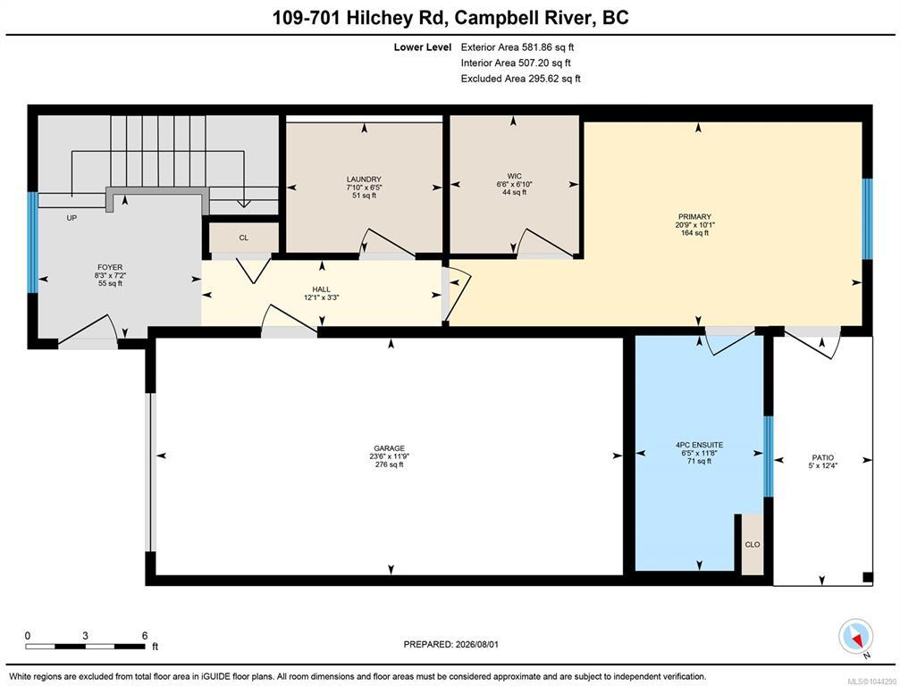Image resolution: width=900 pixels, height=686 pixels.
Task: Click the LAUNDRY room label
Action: [x=364, y=179]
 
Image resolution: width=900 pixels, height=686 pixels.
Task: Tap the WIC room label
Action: [x=514, y=176]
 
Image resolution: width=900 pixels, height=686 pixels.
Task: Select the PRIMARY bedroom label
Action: [x=694, y=217]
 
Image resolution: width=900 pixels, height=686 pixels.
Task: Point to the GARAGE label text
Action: [x=389, y=448]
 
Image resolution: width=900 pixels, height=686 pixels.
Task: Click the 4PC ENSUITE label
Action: [x=699, y=445]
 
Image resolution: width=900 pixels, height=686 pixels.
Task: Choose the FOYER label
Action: [x=110, y=267]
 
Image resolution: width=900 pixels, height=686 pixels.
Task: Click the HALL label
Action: [x=322, y=289]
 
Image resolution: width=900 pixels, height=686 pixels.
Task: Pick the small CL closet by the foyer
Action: [x=243, y=238]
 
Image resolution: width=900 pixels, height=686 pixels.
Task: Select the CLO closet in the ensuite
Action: [x=752, y=544]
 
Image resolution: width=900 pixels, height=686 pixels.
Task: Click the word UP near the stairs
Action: [x=71, y=218]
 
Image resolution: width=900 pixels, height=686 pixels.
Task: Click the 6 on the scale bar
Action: [x=145, y=635]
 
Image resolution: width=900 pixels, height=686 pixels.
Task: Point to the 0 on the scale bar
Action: [x=28, y=635]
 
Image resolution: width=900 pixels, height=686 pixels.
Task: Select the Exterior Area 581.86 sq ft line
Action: [x=517, y=47]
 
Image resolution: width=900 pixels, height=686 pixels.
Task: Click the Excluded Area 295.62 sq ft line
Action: [x=520, y=79]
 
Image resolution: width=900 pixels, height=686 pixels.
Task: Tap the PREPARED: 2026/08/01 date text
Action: [x=451, y=644]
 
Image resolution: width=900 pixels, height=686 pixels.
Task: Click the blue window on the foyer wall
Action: [x=33, y=243]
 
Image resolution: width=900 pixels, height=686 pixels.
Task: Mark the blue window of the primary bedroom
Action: [x=868, y=219]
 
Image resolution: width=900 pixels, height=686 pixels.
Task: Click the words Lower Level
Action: [x=423, y=47]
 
